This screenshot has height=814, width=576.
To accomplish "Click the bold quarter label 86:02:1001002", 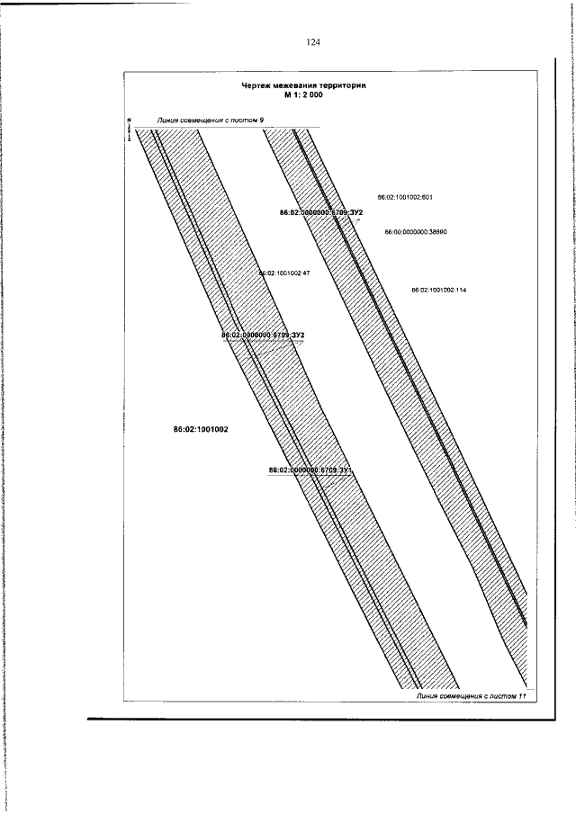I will [201, 430].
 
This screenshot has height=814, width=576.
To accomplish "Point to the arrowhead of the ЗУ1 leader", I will [335, 476].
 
